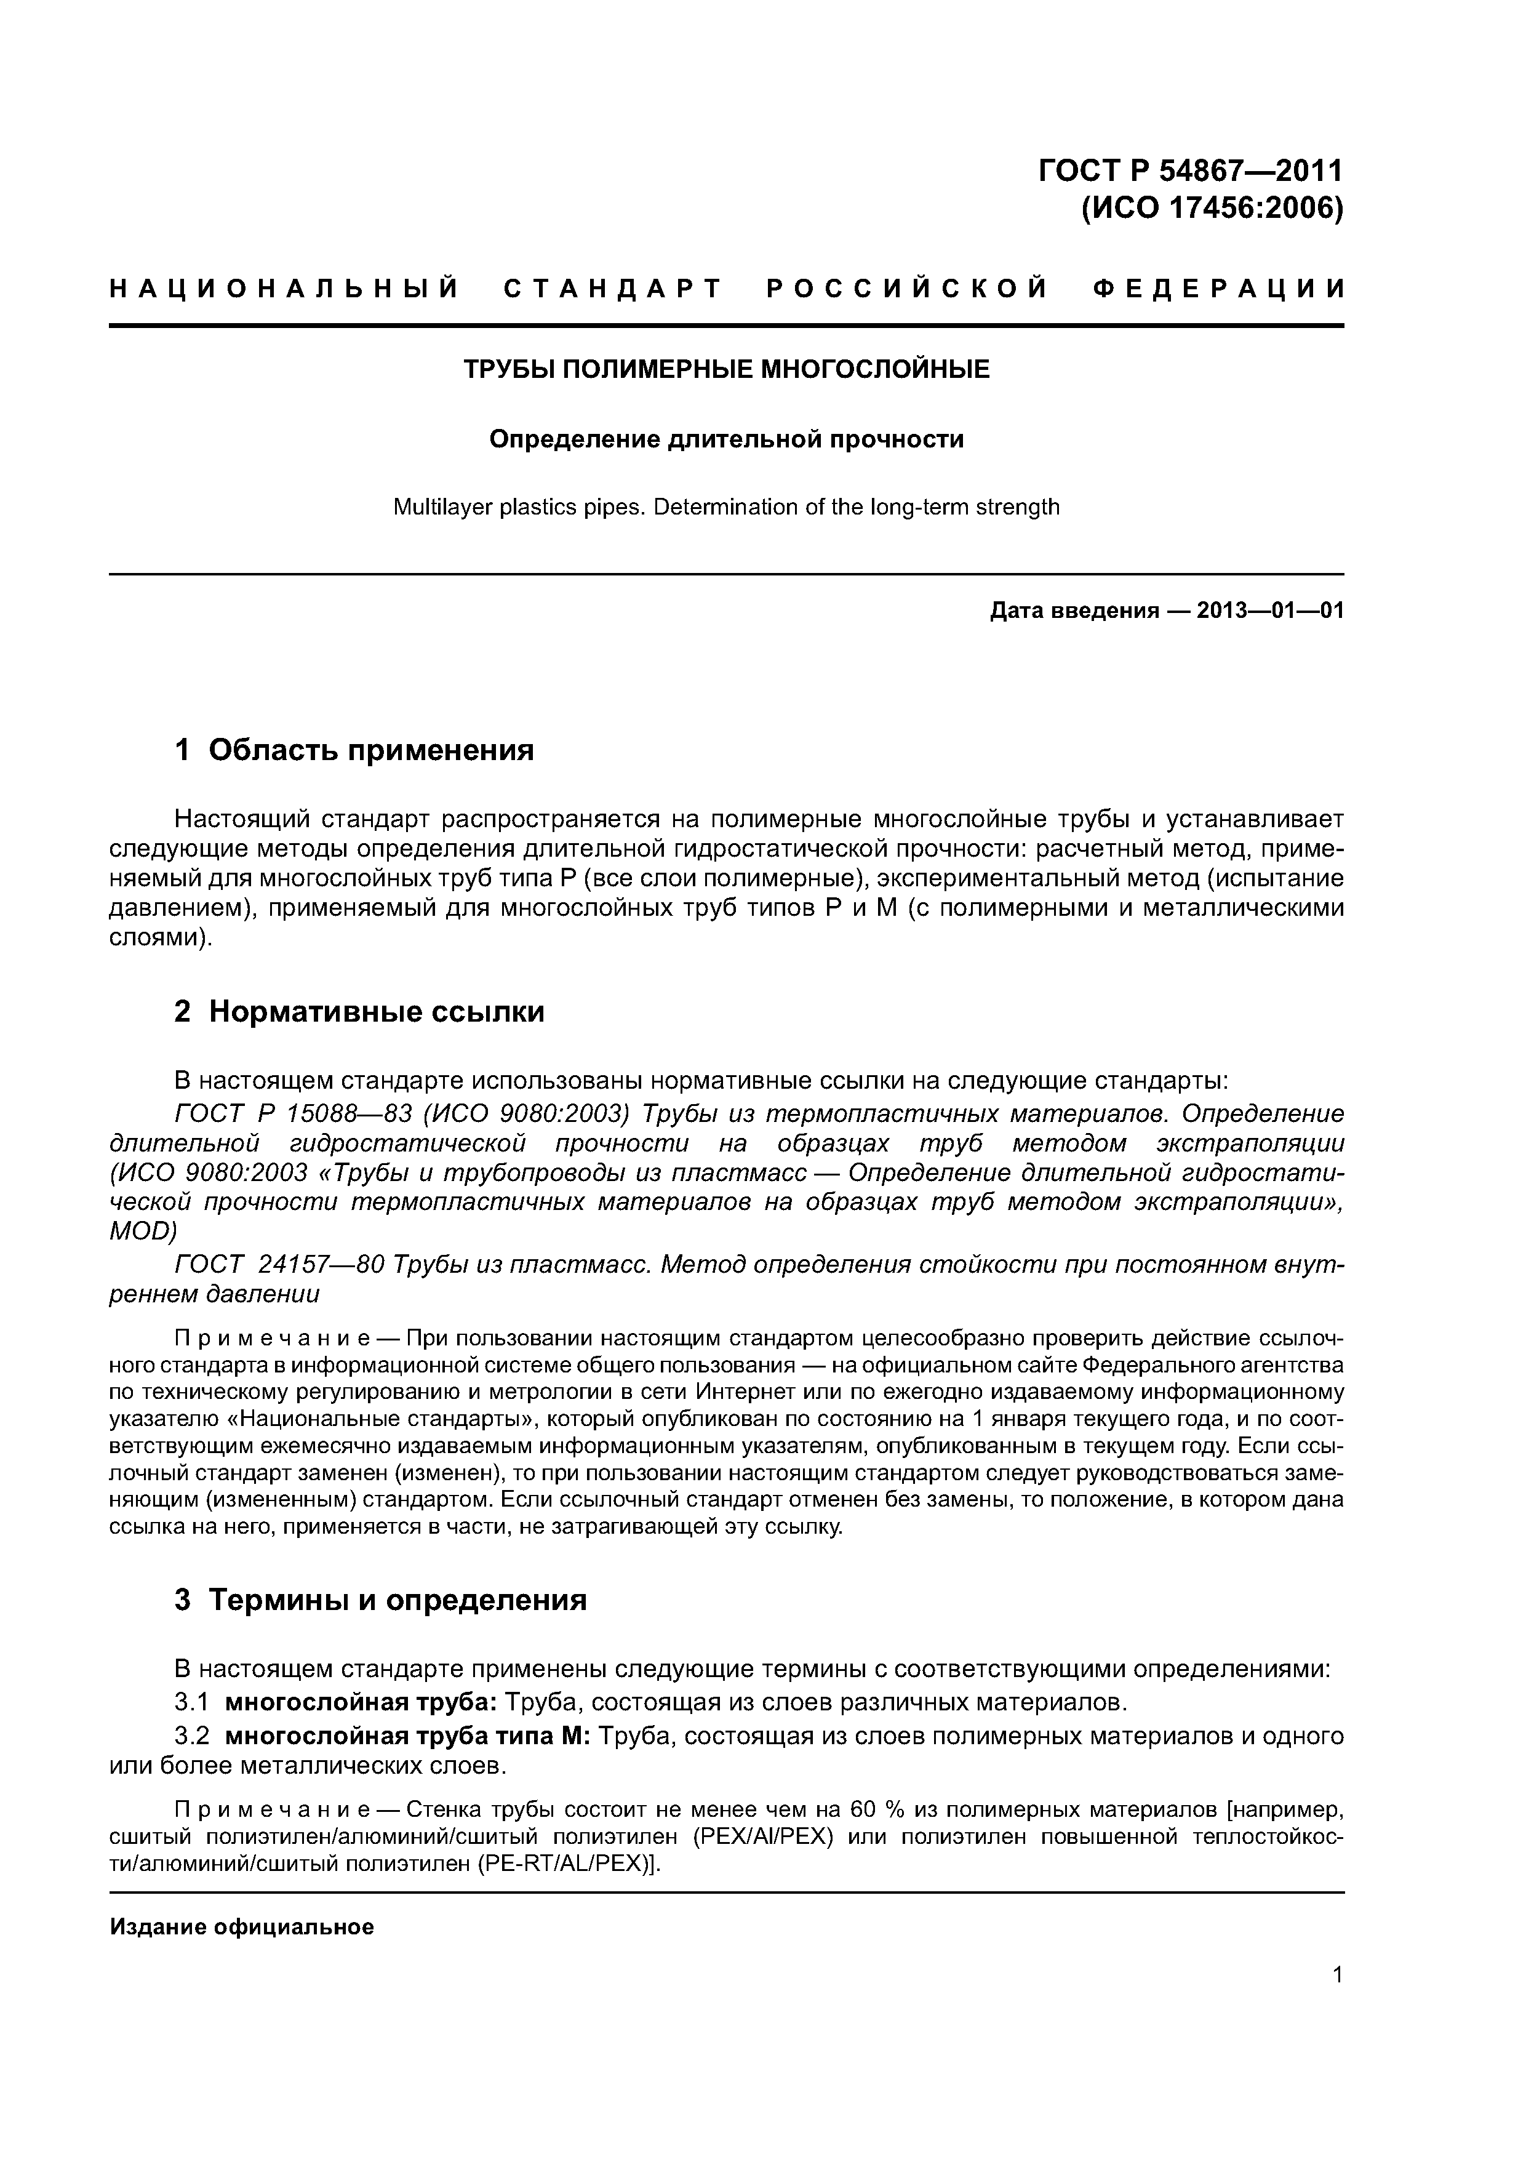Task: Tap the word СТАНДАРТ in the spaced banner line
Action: click(x=612, y=288)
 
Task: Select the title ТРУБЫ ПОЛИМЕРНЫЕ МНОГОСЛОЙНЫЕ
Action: click(x=726, y=369)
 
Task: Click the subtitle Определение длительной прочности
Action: click(x=726, y=439)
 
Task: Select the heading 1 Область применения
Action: click(x=354, y=750)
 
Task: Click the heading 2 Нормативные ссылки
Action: click(x=359, y=1012)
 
